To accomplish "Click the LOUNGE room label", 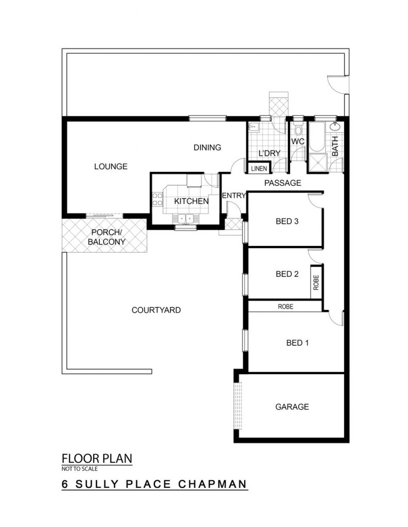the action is pos(111,166).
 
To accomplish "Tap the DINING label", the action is pos(207,147).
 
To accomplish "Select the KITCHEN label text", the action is pos(191,201).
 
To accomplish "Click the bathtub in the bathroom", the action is pos(317,136).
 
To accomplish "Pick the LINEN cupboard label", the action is pos(259,168).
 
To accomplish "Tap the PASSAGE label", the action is pos(282,183).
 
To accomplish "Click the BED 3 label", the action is pos(287,221).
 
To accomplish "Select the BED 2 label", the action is pos(287,274).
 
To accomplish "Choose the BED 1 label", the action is pos(297,343).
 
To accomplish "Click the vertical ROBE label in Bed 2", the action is pos(316,283).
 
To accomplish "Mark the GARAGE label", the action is pos(292,407).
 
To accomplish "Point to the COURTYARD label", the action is pos(156,310).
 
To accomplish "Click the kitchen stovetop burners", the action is pos(157,199).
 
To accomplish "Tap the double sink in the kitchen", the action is pos(185,219).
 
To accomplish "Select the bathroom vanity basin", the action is pos(335,127).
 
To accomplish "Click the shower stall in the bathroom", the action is pos(317,163).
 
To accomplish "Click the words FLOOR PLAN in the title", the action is pos(97,459).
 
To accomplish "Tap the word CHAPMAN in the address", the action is pos(213,484).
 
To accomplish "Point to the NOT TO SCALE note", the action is pos(80,468).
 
